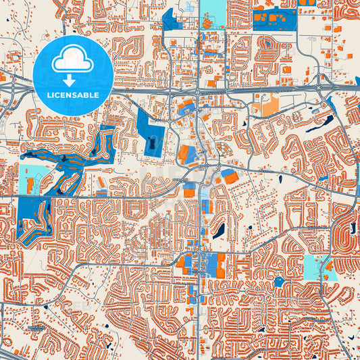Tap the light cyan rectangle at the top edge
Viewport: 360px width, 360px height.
(214, 14)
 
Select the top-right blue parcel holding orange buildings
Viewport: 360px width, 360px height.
(273, 20)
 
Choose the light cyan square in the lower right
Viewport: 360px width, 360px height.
(313, 267)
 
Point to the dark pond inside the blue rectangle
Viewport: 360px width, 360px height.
(153, 144)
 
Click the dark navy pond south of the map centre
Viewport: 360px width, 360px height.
(218, 231)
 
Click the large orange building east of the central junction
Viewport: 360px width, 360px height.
(230, 177)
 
